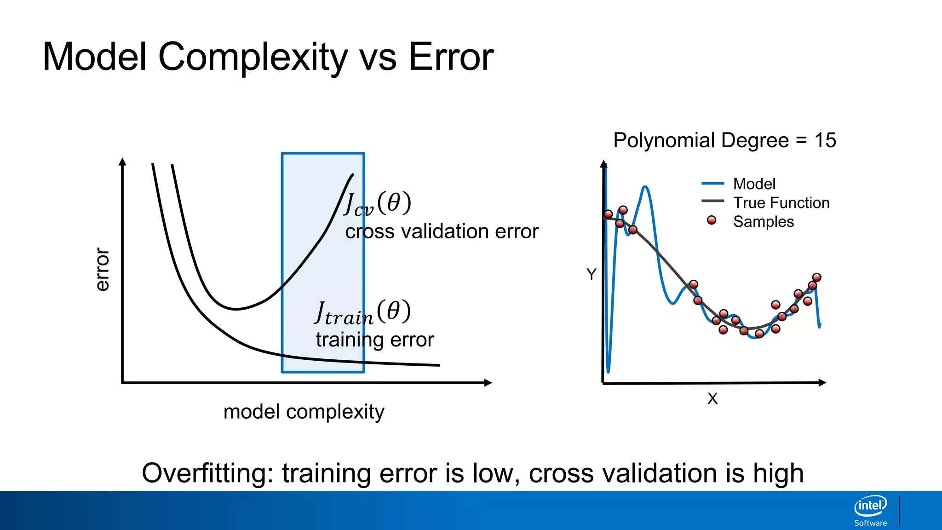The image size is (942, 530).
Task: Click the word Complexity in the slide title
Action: (253, 58)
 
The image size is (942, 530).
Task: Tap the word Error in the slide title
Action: (451, 58)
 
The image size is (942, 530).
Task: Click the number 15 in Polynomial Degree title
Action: (825, 140)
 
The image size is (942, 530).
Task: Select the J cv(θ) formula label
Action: (377, 204)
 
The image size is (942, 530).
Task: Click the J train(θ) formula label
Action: (362, 312)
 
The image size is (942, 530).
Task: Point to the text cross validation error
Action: (442, 231)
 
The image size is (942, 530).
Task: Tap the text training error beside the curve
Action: (374, 340)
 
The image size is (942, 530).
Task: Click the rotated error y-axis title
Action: (102, 270)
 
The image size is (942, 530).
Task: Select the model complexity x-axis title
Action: (304, 412)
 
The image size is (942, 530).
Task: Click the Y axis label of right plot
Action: (592, 275)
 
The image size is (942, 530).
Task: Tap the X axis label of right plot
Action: (712, 398)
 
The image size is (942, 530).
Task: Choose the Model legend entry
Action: (754, 184)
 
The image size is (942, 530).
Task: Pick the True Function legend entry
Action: (781, 203)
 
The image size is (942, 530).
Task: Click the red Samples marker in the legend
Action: (712, 220)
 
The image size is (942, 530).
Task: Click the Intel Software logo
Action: (870, 511)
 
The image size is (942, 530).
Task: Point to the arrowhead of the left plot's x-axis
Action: (488, 382)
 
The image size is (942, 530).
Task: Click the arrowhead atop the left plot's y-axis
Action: (122, 161)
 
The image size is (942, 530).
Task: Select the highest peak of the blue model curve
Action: (645, 187)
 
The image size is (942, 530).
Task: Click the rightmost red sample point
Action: (816, 277)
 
